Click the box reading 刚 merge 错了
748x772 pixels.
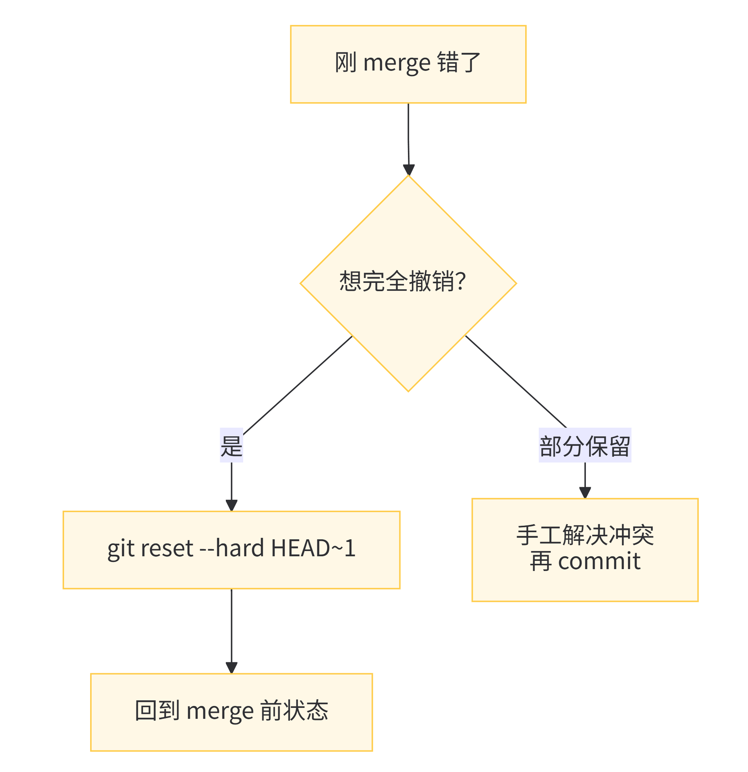pyautogui.click(x=408, y=64)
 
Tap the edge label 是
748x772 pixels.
pyautogui.click(x=231, y=445)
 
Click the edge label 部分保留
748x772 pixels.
pyautogui.click(x=585, y=445)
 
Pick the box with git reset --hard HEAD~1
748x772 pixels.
pyautogui.click(x=231, y=550)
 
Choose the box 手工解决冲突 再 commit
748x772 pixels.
pyautogui.click(x=585, y=550)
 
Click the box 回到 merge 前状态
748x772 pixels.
pyautogui.click(x=231, y=712)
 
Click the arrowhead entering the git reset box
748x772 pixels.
pyautogui.click(x=231, y=505)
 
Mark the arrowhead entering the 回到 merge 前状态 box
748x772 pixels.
pyautogui.click(x=231, y=668)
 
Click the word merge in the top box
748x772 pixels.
pyautogui.click(x=397, y=63)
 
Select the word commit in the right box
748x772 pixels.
pyautogui.click(x=599, y=562)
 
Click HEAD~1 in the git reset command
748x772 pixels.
pyautogui.click(x=313, y=548)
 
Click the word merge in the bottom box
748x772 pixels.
pyautogui.click(x=220, y=711)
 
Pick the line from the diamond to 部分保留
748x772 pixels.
pyautogui.click(x=516, y=381)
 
